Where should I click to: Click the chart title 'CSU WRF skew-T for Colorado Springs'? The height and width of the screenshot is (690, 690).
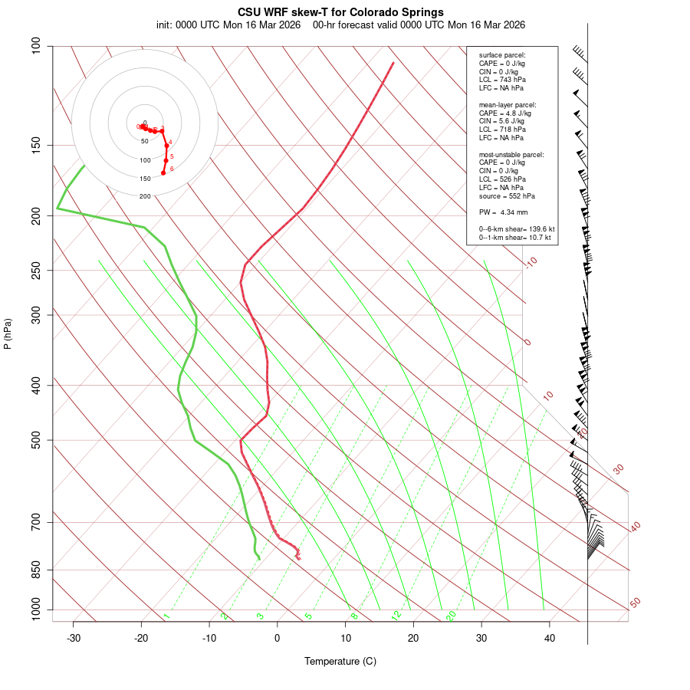click(340, 12)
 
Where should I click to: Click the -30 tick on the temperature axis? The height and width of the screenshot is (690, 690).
click(74, 638)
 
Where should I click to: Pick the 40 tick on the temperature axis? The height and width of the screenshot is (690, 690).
click(550, 638)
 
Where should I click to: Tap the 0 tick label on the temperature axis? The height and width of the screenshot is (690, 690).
click(278, 638)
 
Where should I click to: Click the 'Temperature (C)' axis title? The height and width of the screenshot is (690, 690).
click(340, 661)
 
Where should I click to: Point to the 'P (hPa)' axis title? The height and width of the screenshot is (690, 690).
click(8, 333)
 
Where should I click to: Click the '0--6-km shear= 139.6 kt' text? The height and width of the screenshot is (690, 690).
click(517, 229)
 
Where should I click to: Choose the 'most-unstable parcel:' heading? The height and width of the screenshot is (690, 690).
click(511, 154)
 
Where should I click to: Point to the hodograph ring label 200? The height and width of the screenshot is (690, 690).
click(145, 197)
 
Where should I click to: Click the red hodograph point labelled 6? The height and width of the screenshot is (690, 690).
click(163, 172)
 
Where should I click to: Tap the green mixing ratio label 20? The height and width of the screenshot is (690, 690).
click(451, 615)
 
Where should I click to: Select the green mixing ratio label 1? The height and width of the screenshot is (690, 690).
click(166, 616)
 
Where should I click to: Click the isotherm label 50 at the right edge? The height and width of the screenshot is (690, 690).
click(635, 603)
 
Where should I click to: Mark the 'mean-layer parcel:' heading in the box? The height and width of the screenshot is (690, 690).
click(508, 104)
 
